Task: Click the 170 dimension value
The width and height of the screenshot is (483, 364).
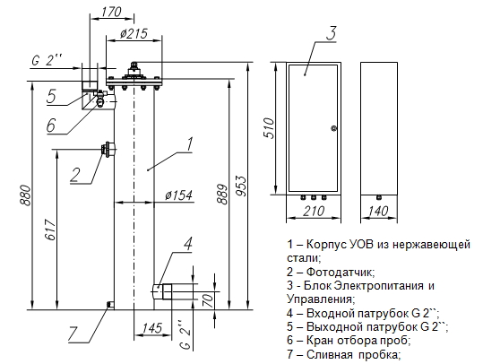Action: point(111,12)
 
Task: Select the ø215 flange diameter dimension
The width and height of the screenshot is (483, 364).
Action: point(134,34)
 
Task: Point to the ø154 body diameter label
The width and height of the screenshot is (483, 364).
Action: point(178,195)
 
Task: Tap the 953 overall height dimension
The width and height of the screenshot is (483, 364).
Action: point(243,186)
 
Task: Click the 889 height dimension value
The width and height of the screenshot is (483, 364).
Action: point(222,195)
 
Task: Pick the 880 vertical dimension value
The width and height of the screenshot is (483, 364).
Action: point(25,195)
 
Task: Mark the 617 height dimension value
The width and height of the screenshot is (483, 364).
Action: point(51,230)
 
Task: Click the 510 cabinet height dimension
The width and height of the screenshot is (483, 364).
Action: point(268,128)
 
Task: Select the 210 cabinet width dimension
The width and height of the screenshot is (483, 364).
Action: point(314,211)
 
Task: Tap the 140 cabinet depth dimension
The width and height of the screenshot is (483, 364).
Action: point(378,211)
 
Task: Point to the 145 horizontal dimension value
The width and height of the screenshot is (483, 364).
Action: point(152,327)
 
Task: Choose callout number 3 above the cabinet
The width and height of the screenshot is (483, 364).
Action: point(332,33)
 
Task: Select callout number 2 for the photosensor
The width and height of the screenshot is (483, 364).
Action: point(75,176)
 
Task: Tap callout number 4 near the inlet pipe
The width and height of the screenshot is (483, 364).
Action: point(188,244)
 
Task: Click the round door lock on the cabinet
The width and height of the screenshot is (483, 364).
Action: point(332,128)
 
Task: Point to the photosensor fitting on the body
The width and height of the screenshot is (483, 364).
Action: point(108,150)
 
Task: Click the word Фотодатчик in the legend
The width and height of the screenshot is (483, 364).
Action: point(341,272)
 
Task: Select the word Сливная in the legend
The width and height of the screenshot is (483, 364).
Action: point(329,354)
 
